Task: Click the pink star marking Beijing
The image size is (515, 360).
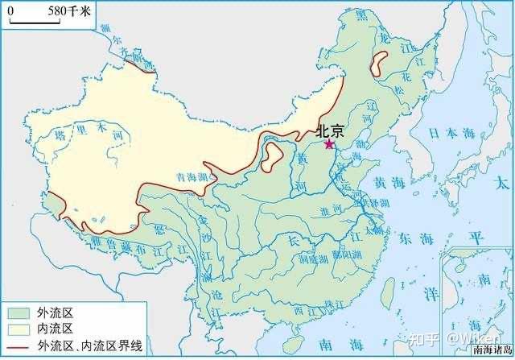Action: click(328, 144)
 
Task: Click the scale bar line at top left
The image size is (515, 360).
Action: click(33, 22)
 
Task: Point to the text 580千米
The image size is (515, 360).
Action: click(68, 11)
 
